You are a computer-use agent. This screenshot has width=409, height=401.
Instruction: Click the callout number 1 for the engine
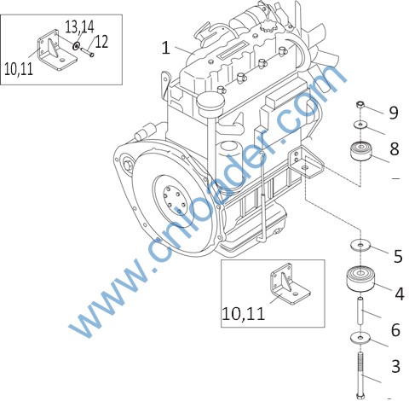[166, 48]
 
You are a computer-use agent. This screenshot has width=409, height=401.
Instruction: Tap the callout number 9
[394, 113]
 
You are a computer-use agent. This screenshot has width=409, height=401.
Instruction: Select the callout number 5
[398, 256]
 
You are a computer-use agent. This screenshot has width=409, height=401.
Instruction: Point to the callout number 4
[400, 293]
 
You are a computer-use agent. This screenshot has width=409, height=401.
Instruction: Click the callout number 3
[395, 366]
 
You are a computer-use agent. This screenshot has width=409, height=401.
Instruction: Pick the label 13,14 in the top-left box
[79, 26]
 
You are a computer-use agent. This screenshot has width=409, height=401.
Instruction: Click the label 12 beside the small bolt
[101, 42]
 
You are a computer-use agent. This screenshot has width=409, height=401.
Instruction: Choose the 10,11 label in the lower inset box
[243, 313]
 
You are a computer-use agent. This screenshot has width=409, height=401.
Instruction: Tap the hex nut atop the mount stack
[360, 104]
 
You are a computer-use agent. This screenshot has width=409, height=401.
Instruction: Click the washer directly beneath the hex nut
[360, 125]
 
